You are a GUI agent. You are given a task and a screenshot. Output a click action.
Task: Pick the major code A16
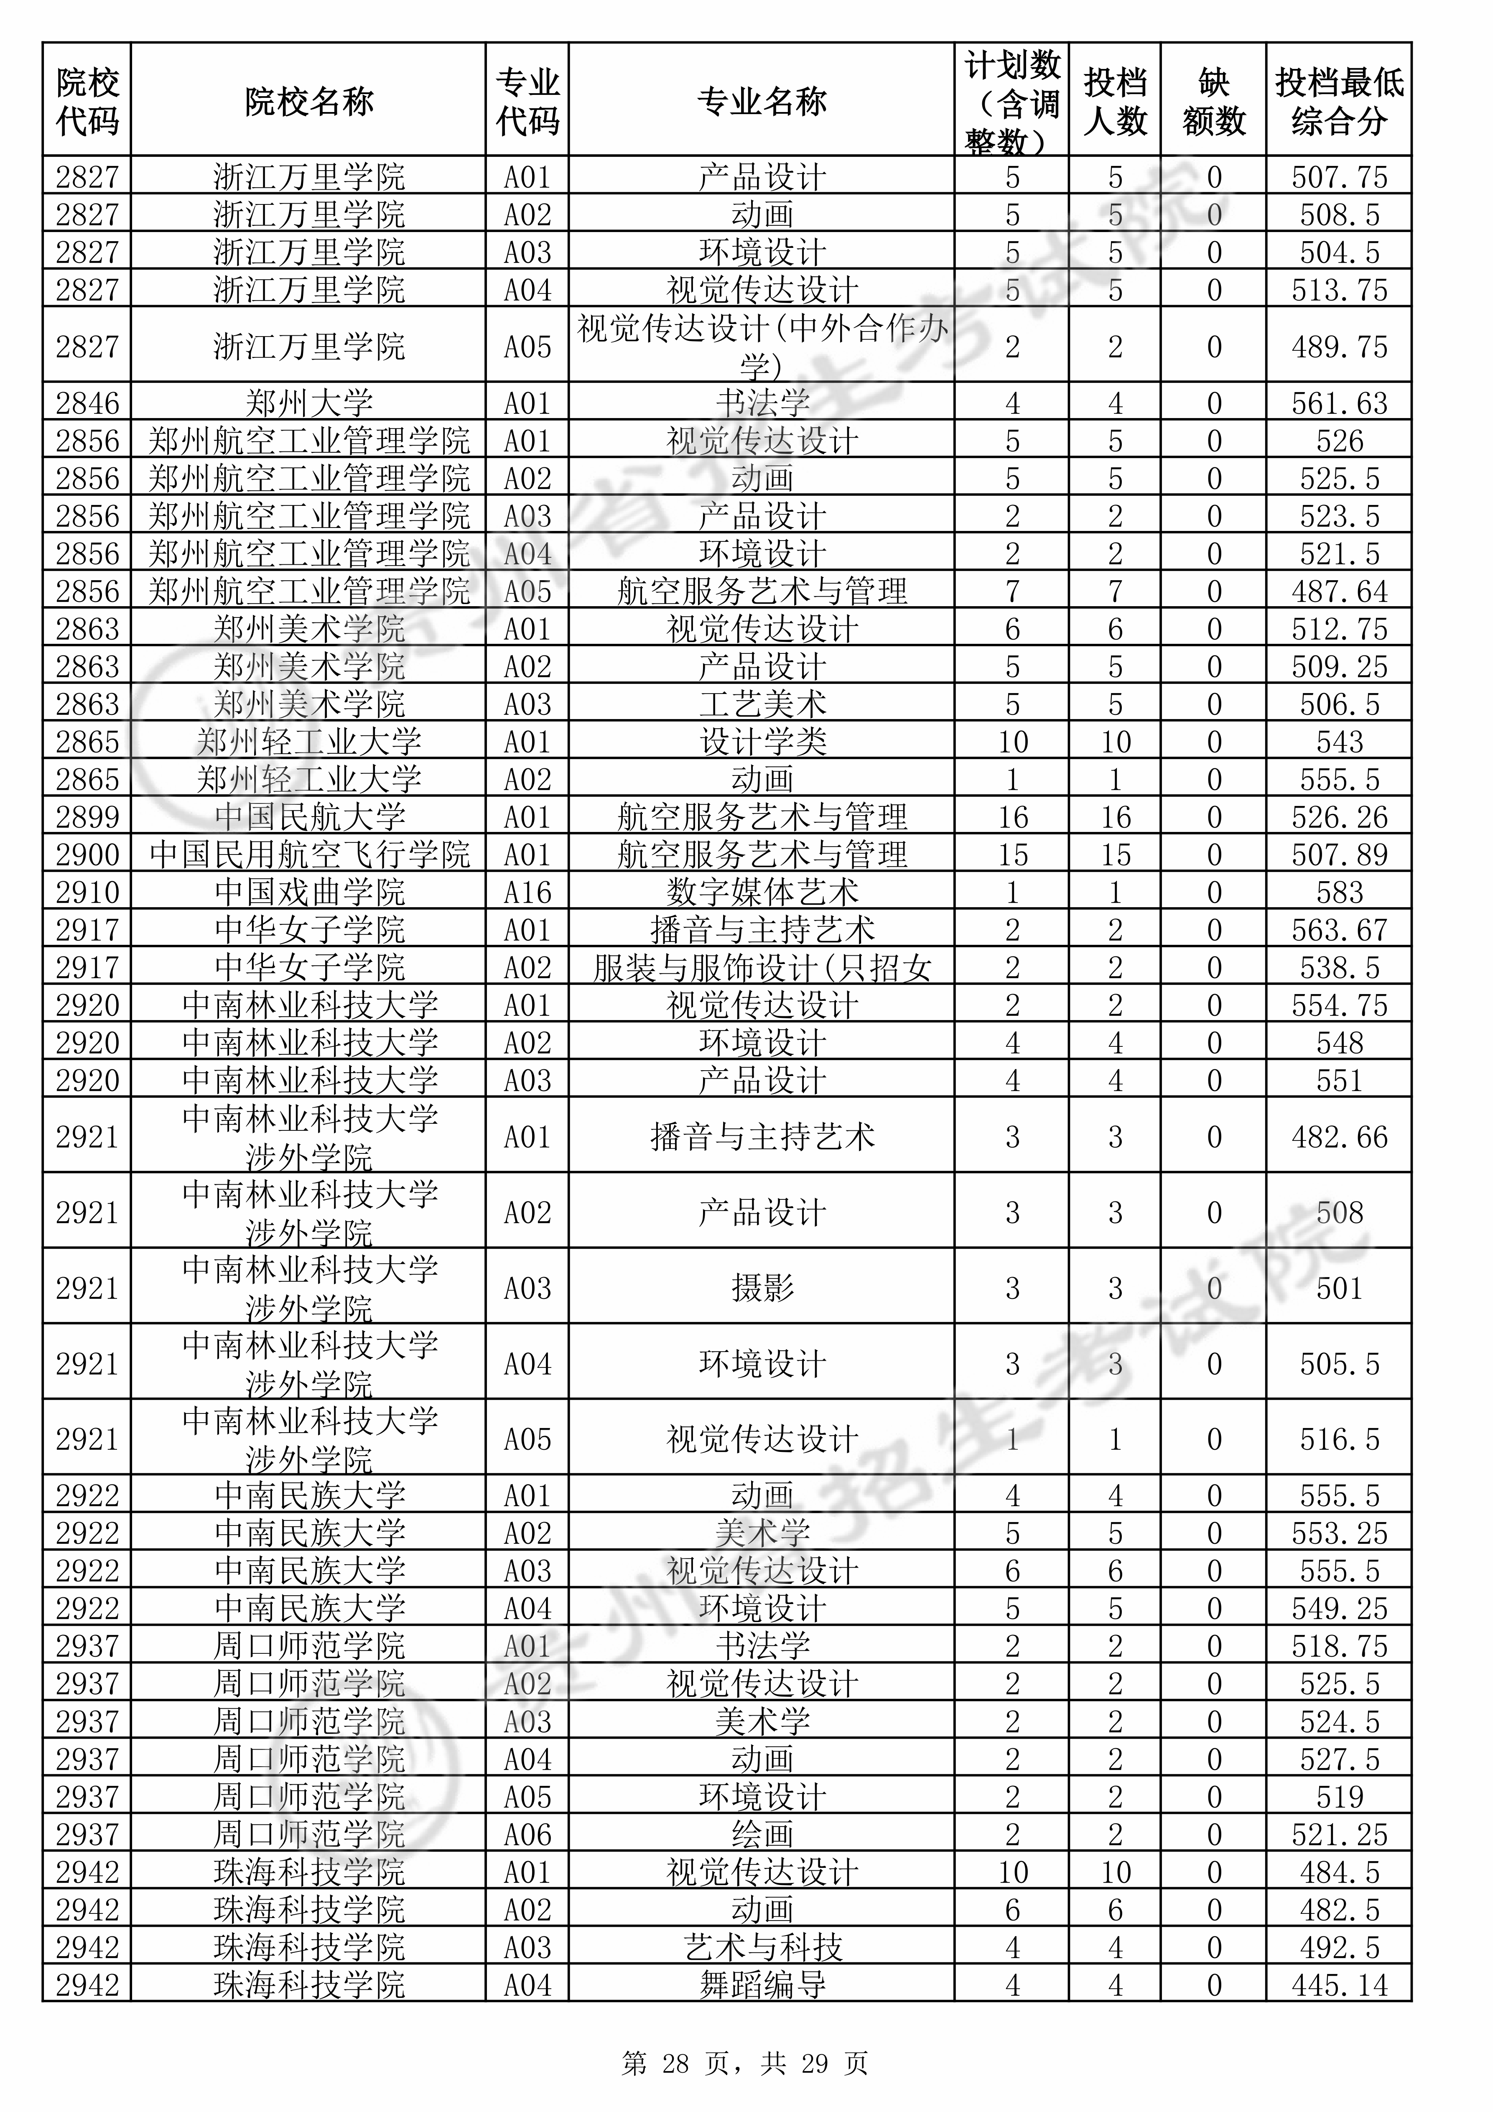pos(527,892)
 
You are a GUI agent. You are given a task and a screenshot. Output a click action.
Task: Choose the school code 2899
pos(87,817)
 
